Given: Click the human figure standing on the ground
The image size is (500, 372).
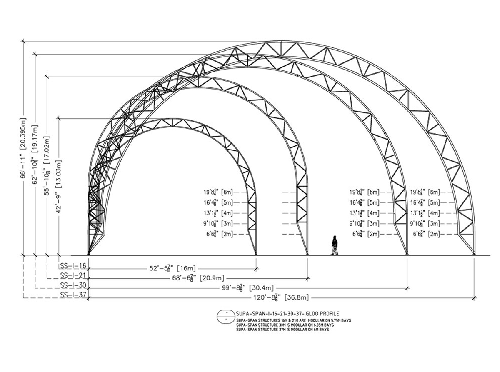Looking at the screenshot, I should [335, 245].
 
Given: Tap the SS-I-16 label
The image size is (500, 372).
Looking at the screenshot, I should [73, 266].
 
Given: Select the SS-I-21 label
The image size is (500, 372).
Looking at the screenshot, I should [73, 275].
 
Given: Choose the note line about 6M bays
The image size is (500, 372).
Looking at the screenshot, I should [282, 329].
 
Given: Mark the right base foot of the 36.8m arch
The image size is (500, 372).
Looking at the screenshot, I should [475, 253].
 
